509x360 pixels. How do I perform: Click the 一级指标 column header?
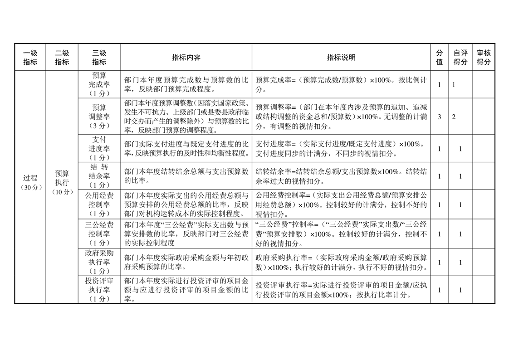[x=30, y=58]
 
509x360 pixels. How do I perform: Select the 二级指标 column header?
[x=62, y=58]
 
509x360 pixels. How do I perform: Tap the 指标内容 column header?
[x=186, y=58]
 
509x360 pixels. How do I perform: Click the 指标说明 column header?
[x=341, y=58]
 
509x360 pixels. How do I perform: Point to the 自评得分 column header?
[x=460, y=58]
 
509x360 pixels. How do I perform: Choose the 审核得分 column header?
[x=484, y=58]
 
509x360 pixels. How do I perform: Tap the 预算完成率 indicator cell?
[x=99, y=84]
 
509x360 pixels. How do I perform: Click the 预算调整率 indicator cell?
[x=99, y=117]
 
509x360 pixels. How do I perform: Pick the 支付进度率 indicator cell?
[x=99, y=148]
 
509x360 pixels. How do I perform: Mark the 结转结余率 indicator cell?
[x=99, y=176]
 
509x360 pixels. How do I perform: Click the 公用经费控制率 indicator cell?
[x=99, y=204]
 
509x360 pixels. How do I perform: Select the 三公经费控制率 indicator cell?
[x=99, y=234]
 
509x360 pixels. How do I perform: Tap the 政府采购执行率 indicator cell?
[x=99, y=262]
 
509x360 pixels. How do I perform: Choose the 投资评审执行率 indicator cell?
[x=99, y=290]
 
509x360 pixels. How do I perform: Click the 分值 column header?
[x=439, y=58]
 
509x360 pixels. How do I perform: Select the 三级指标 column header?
[x=99, y=58]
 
